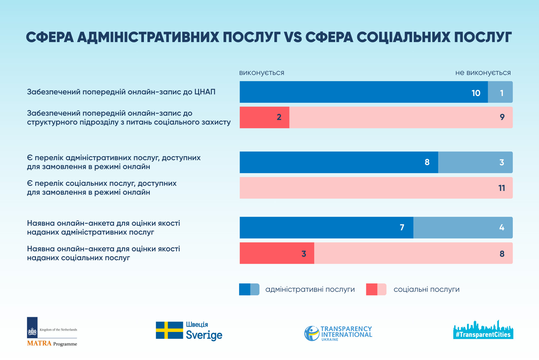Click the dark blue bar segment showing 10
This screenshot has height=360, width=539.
click(x=364, y=92)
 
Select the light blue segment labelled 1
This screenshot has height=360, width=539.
click(x=500, y=92)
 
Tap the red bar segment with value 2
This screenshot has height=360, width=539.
click(x=264, y=117)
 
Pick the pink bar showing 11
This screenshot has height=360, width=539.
click(x=376, y=188)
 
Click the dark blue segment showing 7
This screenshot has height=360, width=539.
click(x=326, y=228)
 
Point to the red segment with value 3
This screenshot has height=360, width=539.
click(x=277, y=253)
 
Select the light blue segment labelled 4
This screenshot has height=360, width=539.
click(x=463, y=228)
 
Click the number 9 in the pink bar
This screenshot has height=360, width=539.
click(x=502, y=117)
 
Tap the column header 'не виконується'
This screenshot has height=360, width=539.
click(x=483, y=73)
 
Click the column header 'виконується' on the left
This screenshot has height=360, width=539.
click(x=262, y=73)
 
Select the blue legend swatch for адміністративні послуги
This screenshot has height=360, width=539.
click(x=249, y=289)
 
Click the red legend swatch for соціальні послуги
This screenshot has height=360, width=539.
click(x=376, y=289)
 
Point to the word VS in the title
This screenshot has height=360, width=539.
click(x=293, y=37)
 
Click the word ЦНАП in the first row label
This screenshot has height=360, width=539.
click(x=205, y=92)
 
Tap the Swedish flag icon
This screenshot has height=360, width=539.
click(x=169, y=330)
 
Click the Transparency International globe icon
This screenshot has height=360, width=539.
click(x=312, y=333)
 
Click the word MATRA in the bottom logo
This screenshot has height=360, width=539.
click(x=39, y=343)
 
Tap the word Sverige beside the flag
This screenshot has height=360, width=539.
click(x=204, y=335)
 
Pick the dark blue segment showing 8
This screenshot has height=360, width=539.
click(x=339, y=162)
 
